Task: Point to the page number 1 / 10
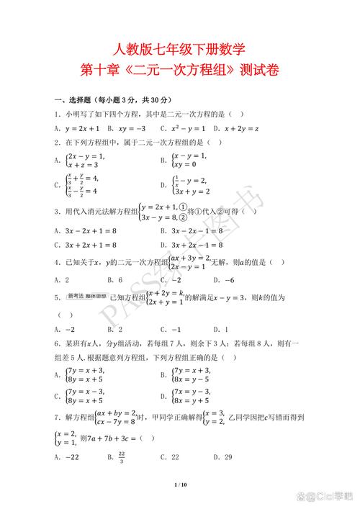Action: [180, 486]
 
